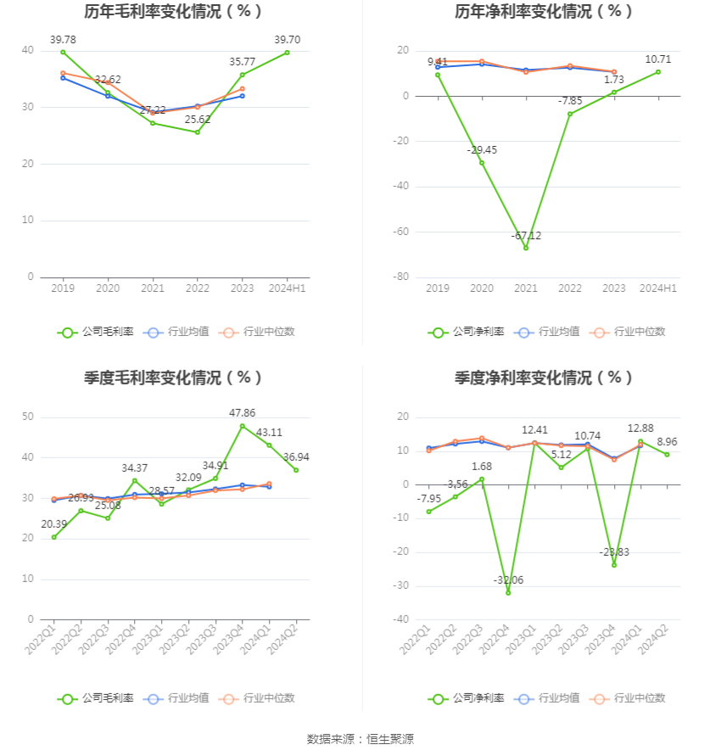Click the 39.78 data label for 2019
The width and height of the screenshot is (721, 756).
point(63,39)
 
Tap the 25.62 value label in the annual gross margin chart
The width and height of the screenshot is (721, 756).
point(197,120)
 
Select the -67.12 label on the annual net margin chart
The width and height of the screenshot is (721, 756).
point(526,235)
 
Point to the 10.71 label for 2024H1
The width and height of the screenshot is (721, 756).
point(658,59)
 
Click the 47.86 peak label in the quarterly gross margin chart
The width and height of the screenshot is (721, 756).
point(243,412)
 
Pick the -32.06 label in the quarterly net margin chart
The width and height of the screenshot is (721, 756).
point(508,580)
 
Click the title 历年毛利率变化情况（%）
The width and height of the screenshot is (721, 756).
point(174,12)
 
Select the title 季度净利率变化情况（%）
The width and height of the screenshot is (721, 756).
point(544,378)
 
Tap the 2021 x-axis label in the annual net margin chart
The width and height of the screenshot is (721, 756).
point(526,288)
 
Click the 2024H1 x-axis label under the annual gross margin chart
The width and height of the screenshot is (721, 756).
point(287,288)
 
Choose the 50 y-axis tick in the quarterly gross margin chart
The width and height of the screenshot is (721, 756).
point(28,417)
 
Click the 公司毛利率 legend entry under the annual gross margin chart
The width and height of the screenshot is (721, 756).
point(96,332)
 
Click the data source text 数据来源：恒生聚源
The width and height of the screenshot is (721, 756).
point(360,739)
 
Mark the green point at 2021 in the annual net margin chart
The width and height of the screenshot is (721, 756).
point(526,248)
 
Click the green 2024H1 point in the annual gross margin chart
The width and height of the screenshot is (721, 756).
point(287,53)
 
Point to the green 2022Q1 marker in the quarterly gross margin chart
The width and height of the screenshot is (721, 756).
point(53,537)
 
